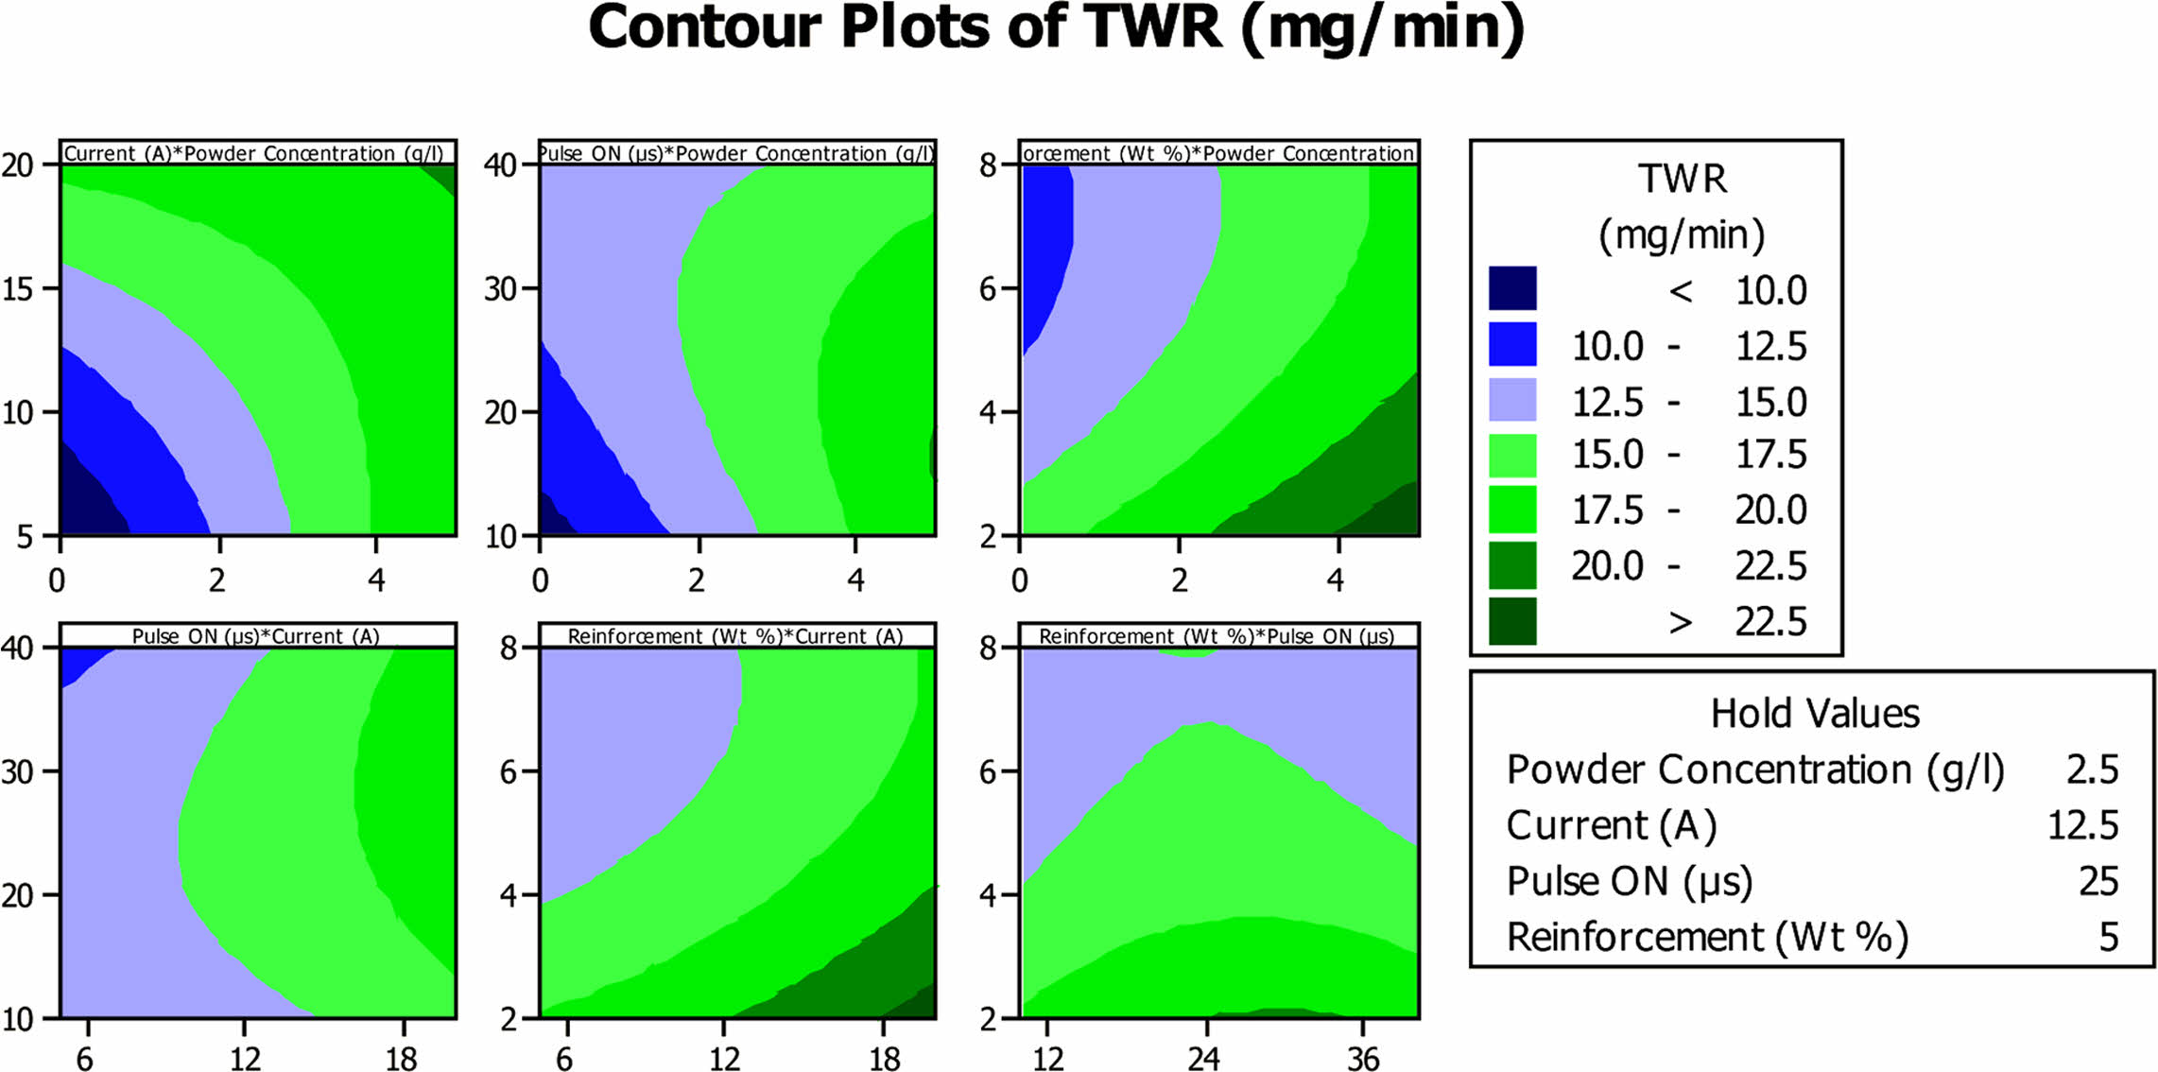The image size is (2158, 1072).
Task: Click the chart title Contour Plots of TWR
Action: [x=1056, y=28]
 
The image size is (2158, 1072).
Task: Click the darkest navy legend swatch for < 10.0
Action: [x=1511, y=288]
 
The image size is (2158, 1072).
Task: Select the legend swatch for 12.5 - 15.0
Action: [x=1511, y=400]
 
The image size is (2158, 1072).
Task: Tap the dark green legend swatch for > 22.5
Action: [x=1511, y=621]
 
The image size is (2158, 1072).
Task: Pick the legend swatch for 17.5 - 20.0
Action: [x=1511, y=510]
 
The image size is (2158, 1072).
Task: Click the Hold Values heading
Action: [x=1814, y=714]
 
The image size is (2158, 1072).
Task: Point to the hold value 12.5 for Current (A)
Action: [x=2082, y=825]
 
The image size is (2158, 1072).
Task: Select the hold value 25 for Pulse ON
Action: [x=2098, y=881]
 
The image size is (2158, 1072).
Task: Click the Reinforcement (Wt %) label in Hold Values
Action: [x=1707, y=937]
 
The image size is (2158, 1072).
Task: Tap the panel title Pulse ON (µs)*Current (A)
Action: [x=255, y=636]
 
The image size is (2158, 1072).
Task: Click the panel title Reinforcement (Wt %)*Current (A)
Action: [x=735, y=636]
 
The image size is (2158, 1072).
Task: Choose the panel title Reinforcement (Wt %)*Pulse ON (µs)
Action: [x=1217, y=636]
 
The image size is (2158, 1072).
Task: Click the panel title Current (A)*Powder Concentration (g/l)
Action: [x=253, y=153]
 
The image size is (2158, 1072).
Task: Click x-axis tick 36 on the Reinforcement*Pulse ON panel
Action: [x=1362, y=1059]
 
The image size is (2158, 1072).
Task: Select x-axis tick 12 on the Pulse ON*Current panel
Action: [x=245, y=1059]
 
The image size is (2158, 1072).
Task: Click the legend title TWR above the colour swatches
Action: [x=1682, y=179]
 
